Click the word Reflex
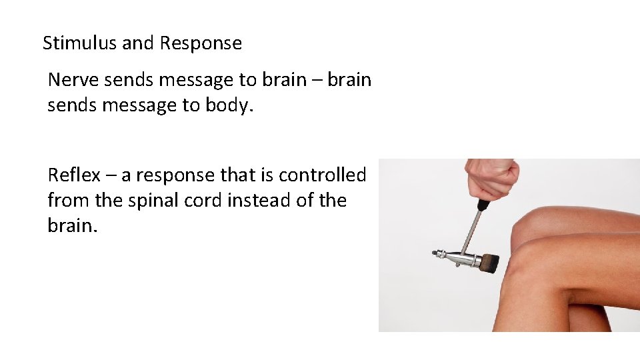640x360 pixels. click(74, 175)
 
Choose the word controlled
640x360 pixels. click(323, 175)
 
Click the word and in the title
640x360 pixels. click(138, 44)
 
